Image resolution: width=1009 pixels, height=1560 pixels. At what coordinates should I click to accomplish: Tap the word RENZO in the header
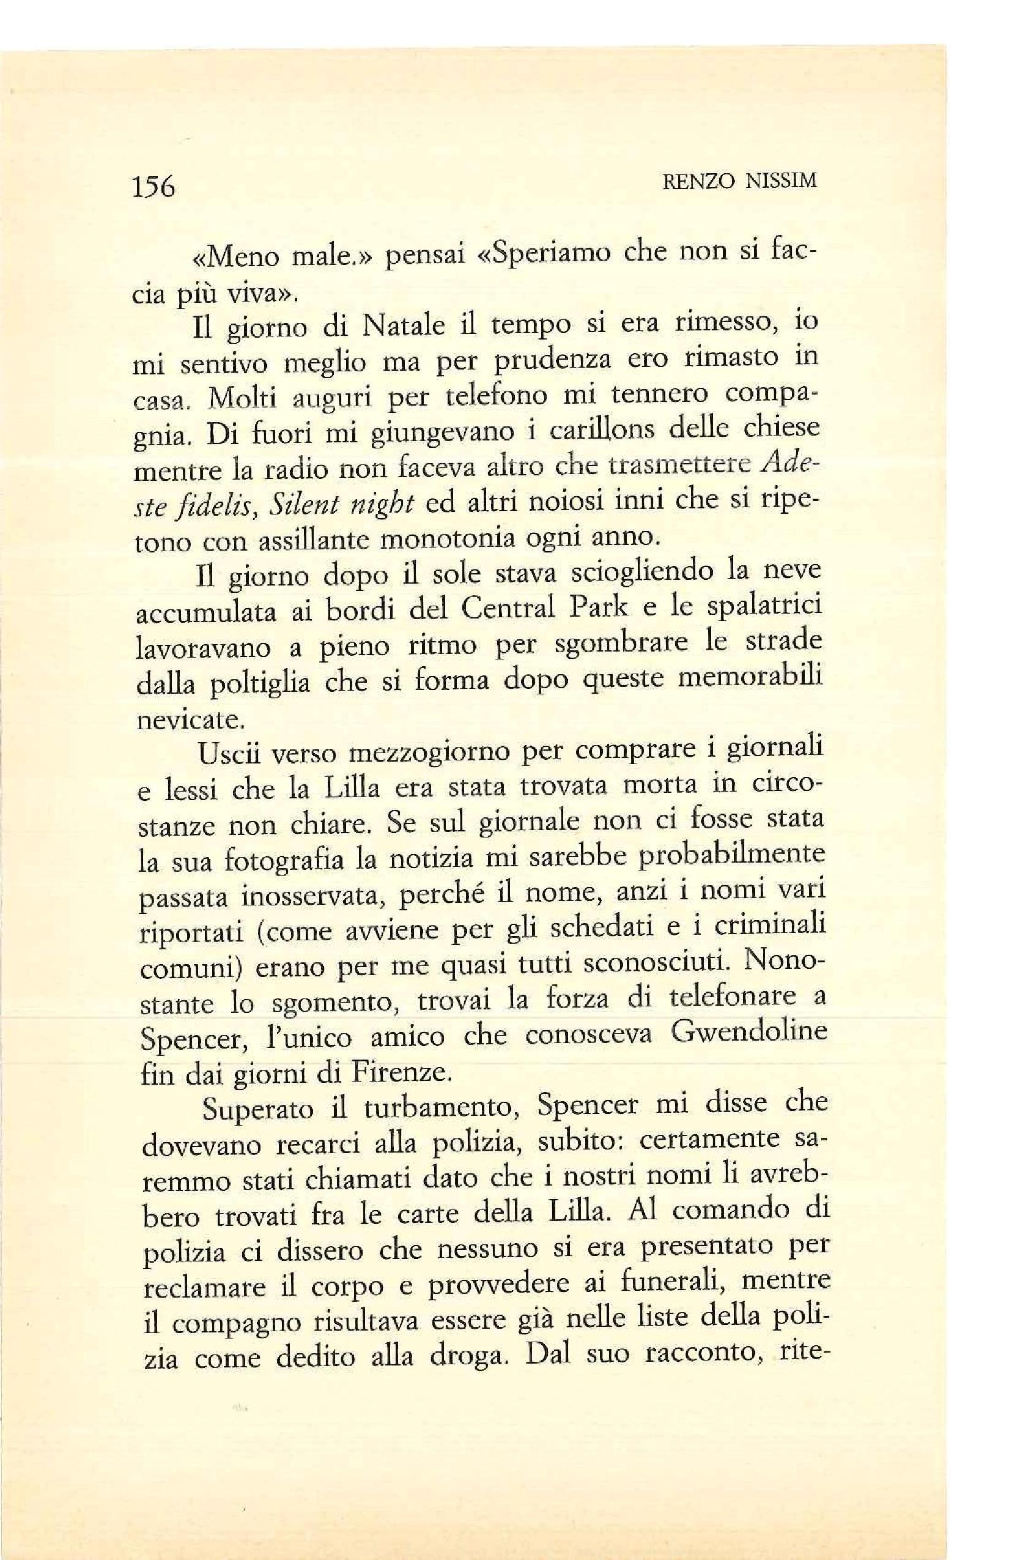click(700, 181)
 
